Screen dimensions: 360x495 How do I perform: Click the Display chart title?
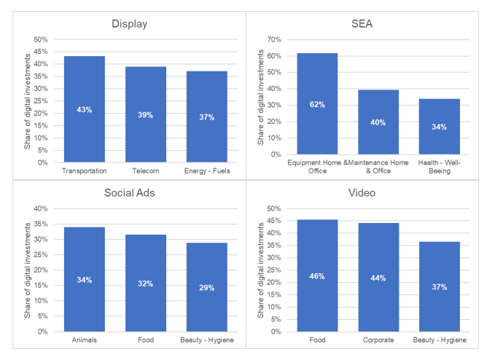click(x=130, y=24)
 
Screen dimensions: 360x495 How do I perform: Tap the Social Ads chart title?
click(x=130, y=193)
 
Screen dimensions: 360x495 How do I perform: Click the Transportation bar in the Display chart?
click(x=84, y=109)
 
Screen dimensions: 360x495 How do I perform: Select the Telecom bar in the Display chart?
click(x=145, y=114)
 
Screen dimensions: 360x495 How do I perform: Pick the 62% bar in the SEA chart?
click(x=317, y=103)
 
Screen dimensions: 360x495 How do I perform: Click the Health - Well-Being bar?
click(x=439, y=126)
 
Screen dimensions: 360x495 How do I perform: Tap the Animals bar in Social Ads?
click(x=84, y=279)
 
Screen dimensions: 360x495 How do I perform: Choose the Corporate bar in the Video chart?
click(x=378, y=277)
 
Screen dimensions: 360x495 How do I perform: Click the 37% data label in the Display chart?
click(x=206, y=117)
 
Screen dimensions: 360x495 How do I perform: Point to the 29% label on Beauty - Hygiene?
click(x=206, y=288)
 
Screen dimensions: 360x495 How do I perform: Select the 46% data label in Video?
click(x=317, y=276)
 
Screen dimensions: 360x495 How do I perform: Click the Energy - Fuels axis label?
click(x=206, y=171)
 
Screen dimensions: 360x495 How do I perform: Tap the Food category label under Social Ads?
click(x=145, y=340)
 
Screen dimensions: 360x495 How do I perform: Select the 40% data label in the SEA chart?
click(x=378, y=122)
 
